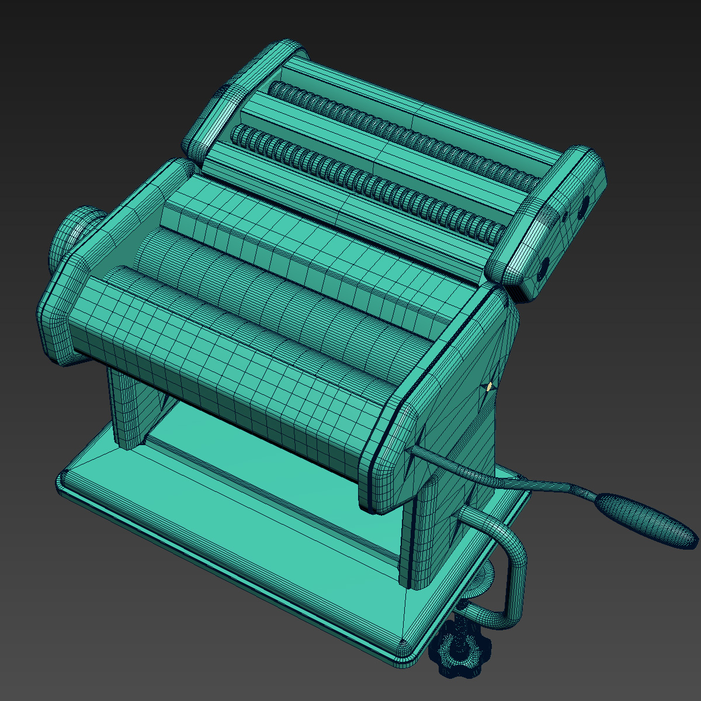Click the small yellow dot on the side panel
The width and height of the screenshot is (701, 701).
[489, 386]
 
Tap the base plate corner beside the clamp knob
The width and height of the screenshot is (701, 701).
[403, 646]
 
